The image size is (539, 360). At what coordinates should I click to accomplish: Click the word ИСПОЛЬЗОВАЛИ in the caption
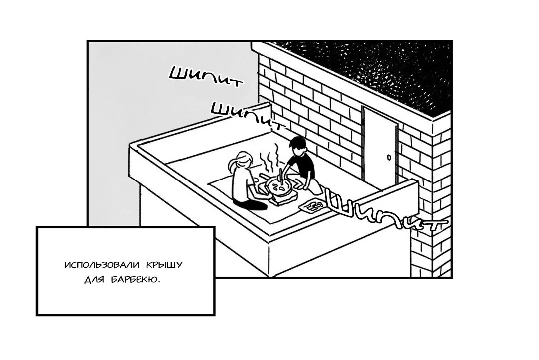102,266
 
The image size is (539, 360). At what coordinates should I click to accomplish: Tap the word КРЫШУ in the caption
164,266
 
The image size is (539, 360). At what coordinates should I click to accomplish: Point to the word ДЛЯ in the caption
94,280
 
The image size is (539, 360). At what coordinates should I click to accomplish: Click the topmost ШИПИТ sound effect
205,77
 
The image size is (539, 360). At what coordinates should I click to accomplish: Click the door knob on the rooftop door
389,158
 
